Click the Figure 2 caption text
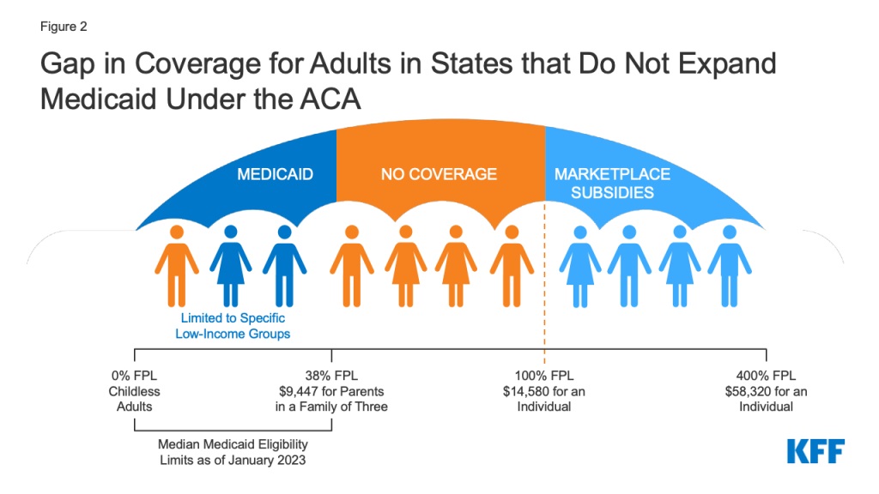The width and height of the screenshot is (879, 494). pyautogui.click(x=64, y=27)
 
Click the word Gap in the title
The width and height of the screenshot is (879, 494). pyautogui.click(x=70, y=66)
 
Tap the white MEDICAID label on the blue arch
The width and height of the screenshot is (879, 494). pyautogui.click(x=275, y=175)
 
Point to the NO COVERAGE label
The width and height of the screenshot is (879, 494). pyautogui.click(x=439, y=174)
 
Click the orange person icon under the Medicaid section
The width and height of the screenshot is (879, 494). pyautogui.click(x=178, y=264)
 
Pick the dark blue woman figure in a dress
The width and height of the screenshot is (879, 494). pyautogui.click(x=229, y=264)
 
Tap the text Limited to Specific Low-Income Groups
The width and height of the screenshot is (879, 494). pyautogui.click(x=233, y=327)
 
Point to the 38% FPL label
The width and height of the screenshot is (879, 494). pyautogui.click(x=331, y=376)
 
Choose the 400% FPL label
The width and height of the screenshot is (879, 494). pyautogui.click(x=766, y=376)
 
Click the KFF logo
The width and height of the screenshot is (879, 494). pyautogui.click(x=815, y=451)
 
